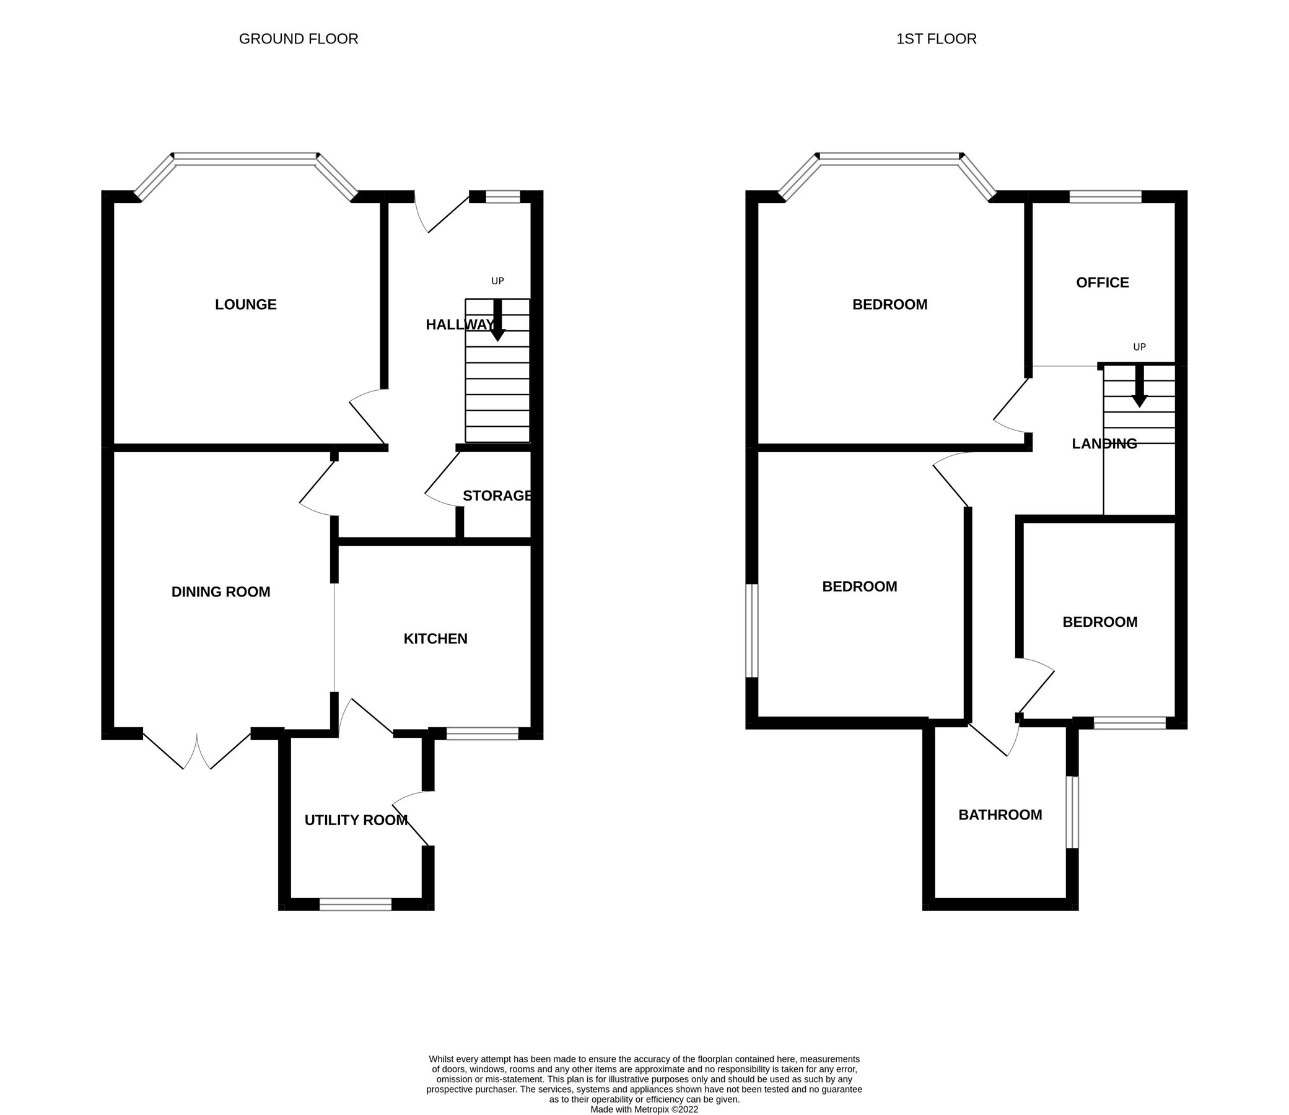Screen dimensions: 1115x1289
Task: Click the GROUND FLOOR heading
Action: click(x=298, y=39)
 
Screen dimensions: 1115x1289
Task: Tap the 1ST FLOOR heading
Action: click(x=936, y=39)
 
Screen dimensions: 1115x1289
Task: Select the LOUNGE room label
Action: click(x=246, y=304)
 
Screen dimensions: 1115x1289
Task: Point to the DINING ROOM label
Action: click(x=221, y=592)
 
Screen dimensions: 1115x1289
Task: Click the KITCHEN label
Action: click(x=435, y=639)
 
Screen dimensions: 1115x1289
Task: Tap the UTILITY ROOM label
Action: click(x=356, y=820)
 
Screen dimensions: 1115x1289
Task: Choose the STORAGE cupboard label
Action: click(x=497, y=496)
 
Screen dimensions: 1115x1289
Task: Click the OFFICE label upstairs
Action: click(x=1103, y=282)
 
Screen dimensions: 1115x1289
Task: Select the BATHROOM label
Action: click(x=1000, y=815)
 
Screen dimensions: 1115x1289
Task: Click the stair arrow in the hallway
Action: click(x=497, y=321)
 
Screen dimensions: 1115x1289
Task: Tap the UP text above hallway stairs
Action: click(x=497, y=281)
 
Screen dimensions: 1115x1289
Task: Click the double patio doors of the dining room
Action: click(x=197, y=751)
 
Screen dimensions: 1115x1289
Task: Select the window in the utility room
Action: click(x=355, y=904)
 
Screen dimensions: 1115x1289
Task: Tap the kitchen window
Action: click(x=482, y=733)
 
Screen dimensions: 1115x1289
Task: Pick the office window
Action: click(x=1106, y=196)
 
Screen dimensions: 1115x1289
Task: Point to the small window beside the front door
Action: click(x=503, y=196)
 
